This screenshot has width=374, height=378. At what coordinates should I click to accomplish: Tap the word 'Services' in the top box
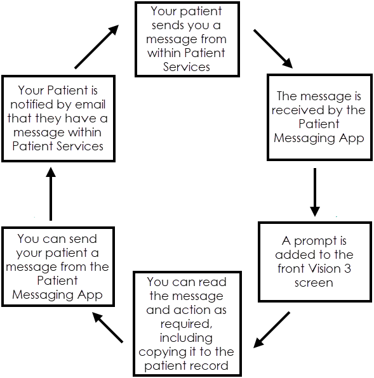pyautogui.click(x=187, y=67)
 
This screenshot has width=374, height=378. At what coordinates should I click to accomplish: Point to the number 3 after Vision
pyautogui.click(x=347, y=268)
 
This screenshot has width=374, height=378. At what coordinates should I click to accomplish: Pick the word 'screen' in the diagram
pyautogui.click(x=314, y=283)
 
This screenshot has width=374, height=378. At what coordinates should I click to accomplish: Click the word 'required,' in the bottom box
pyautogui.click(x=186, y=324)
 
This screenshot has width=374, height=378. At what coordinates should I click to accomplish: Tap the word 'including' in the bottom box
pyautogui.click(x=186, y=338)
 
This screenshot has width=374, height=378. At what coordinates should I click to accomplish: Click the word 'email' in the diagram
pyautogui.click(x=90, y=104)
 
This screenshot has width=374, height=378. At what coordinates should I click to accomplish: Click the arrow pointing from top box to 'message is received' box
pyautogui.click(x=273, y=49)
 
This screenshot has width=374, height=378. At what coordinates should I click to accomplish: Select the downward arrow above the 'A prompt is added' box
pyautogui.click(x=315, y=192)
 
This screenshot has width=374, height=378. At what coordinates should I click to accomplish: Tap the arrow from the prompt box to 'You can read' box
pyautogui.click(x=272, y=330)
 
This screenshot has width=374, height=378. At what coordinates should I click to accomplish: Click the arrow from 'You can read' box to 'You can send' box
pyautogui.click(x=107, y=327)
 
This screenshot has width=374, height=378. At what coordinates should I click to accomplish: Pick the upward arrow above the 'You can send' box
pyautogui.click(x=51, y=194)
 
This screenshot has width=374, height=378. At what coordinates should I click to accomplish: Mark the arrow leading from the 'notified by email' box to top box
pyautogui.click(x=97, y=46)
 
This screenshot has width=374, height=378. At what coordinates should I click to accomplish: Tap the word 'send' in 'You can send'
pyautogui.click(x=83, y=239)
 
